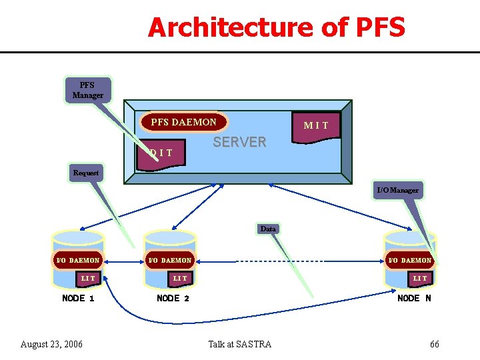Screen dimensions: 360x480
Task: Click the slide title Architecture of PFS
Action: coord(276,28)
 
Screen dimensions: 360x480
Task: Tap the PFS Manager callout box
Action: coord(87,91)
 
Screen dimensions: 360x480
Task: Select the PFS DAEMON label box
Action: coord(183,122)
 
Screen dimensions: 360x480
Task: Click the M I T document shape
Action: coord(316,125)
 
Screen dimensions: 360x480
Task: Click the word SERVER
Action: coord(239,142)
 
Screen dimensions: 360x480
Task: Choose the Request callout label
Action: coord(86,173)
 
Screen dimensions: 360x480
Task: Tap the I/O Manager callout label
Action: coord(397,191)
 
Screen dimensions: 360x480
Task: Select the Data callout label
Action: coord(268,229)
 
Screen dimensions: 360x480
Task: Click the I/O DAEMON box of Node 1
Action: coord(78,260)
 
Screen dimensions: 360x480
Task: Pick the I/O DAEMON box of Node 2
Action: coord(169,260)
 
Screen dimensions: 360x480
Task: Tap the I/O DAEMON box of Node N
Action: coord(410,260)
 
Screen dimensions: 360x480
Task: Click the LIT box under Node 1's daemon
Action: coord(88,278)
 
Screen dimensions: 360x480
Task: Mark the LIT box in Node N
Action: coord(420,278)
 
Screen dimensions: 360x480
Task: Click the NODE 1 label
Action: coord(78,298)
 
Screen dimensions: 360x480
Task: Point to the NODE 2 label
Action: coord(173,298)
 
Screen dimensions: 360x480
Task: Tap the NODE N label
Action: coord(414,298)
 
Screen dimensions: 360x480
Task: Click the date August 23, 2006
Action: coord(51,344)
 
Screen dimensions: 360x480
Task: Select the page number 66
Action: coord(434,344)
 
